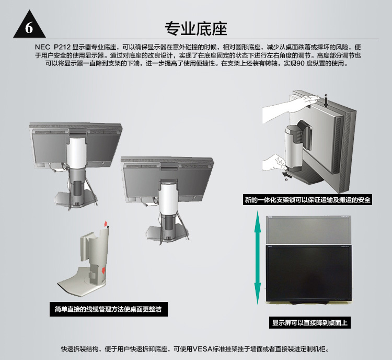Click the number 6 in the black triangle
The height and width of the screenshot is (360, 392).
pos(29,28)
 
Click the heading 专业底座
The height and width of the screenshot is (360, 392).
pos(196,29)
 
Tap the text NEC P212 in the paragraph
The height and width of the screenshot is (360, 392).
pos(53,47)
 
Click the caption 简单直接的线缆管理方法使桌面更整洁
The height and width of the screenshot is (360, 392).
pos(108,309)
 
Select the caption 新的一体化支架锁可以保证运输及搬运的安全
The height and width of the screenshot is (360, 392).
pos(307,199)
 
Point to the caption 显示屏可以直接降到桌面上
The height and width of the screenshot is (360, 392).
pos(310,322)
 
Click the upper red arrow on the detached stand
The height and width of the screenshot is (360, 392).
pos(106,223)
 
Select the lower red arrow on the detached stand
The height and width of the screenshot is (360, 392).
pos(103,271)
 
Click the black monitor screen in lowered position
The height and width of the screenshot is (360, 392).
pos(308,273)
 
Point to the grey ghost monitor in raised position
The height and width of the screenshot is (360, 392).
pos(308,230)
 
